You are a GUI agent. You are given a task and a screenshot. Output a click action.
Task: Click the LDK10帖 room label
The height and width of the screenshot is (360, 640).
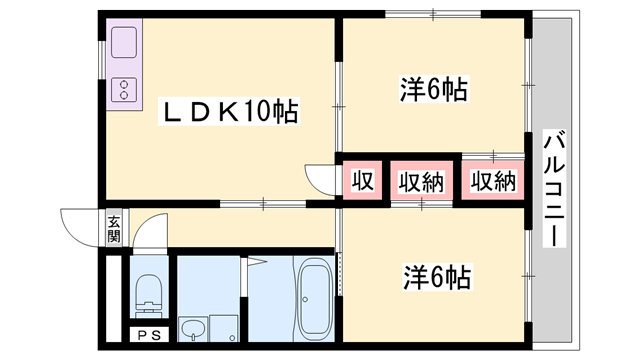click(x=230, y=112)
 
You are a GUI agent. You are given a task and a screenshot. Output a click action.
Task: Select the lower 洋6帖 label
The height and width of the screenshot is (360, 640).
click(x=437, y=274)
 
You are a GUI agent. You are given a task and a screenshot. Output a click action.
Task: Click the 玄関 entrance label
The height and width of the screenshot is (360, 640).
click(x=114, y=230)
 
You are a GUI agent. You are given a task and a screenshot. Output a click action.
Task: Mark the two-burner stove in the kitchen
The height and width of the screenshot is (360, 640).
click(x=125, y=91)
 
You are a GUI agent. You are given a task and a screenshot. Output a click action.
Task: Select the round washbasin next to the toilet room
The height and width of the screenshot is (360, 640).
click(x=191, y=330)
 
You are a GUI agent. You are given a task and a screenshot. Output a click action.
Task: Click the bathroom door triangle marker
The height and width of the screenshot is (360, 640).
click(x=255, y=265)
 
